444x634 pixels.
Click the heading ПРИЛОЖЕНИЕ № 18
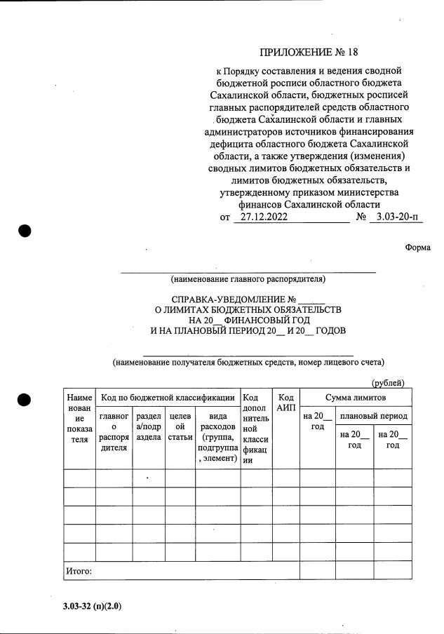tap(309, 52)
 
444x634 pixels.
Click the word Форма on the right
tap(418, 247)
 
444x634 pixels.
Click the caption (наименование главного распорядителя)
tap(248, 279)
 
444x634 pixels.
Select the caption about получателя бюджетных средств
tap(248, 363)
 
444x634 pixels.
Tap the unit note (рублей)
tap(388, 382)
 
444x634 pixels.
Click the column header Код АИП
tap(285, 403)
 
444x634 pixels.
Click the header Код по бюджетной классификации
tap(168, 398)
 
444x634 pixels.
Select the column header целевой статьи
tap(180, 426)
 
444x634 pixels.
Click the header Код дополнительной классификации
tap(256, 429)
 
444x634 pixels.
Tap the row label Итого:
tap(79, 571)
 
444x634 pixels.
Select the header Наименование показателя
tap(79, 419)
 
